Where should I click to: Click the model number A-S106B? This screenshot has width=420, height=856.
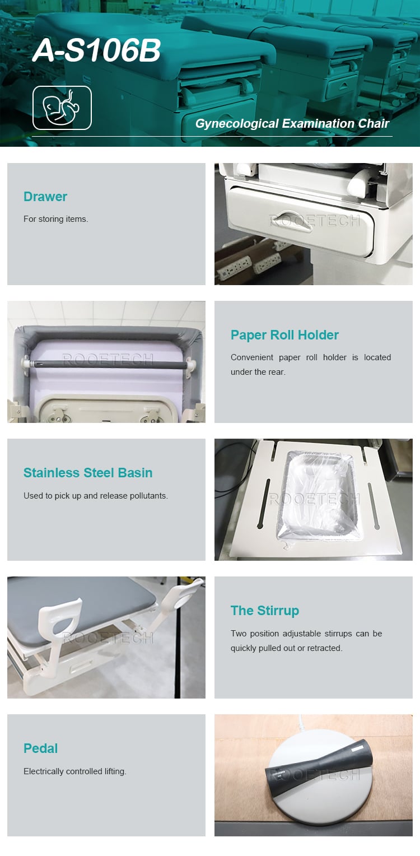click(x=96, y=50)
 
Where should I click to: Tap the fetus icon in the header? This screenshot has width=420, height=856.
click(x=62, y=108)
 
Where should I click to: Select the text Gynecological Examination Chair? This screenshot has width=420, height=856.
click(x=292, y=124)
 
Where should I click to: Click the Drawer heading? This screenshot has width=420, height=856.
click(x=45, y=197)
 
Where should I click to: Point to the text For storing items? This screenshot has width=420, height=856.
click(x=55, y=219)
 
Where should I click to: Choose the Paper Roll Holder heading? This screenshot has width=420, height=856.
click(x=284, y=335)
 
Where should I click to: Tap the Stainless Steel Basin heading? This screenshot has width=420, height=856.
click(x=88, y=473)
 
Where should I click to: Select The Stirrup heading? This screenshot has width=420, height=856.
click(x=265, y=611)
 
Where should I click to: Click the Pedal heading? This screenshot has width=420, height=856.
click(x=41, y=748)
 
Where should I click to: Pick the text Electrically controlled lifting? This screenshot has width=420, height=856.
click(x=75, y=771)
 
